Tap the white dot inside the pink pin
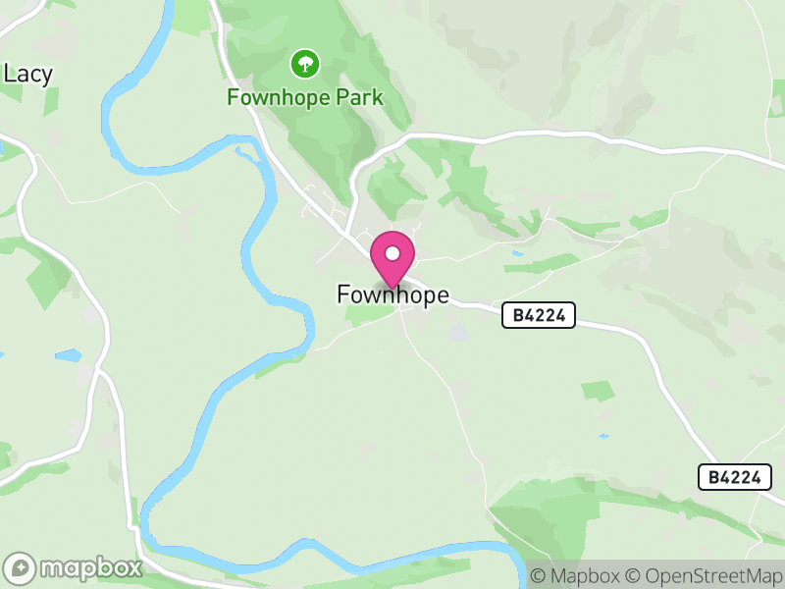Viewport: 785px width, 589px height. click(392, 253)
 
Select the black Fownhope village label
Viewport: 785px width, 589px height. click(392, 294)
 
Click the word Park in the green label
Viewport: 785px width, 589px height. click(356, 98)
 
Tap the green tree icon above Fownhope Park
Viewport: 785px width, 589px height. click(305, 65)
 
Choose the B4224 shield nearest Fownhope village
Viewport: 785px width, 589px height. click(538, 315)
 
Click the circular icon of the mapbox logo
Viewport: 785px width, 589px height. click(22, 568)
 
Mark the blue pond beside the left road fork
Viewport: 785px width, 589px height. click(68, 355)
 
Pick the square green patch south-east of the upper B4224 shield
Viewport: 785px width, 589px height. click(598, 391)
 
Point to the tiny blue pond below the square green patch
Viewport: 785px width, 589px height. click(602, 436)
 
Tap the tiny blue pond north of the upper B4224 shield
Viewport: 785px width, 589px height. click(517, 253)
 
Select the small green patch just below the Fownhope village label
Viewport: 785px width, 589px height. click(370, 313)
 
